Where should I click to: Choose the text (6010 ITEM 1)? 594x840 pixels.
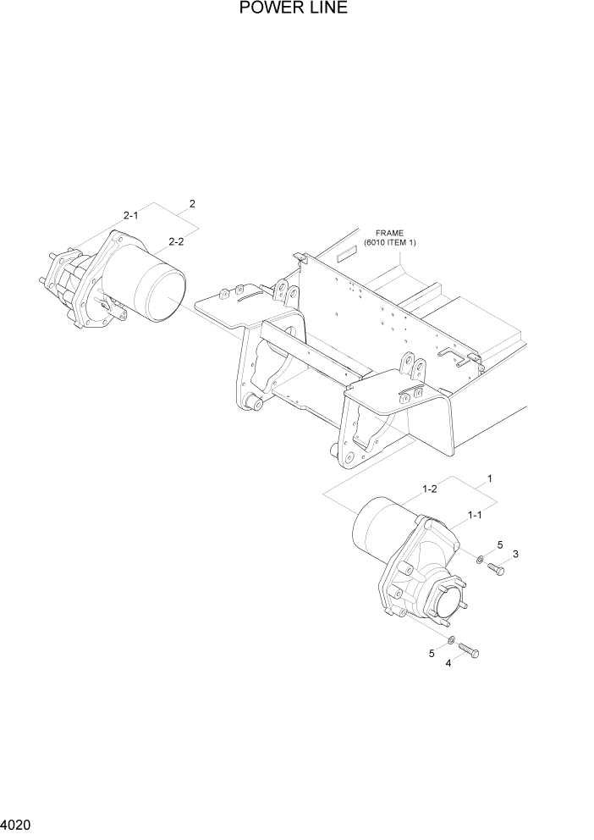(390, 243)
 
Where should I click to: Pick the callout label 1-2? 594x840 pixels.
(429, 489)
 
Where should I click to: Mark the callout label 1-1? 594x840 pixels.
(475, 514)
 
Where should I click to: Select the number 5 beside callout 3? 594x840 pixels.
(499, 544)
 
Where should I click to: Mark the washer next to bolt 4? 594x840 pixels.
(452, 639)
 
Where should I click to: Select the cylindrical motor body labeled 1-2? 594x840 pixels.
(377, 531)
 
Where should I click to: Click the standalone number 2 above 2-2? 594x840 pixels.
(192, 204)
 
